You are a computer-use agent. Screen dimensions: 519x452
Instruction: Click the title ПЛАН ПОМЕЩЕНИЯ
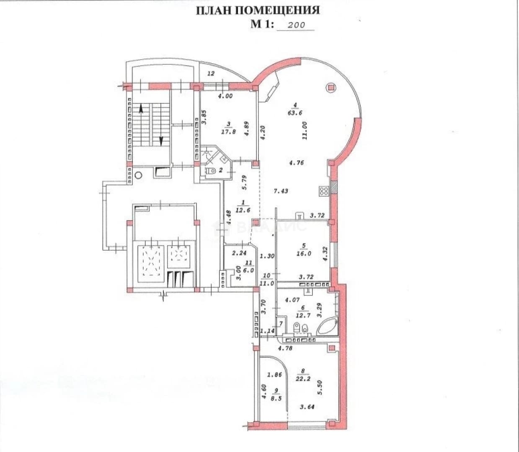[x=258, y=10]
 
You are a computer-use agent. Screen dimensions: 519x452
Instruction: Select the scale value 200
[x=296, y=25]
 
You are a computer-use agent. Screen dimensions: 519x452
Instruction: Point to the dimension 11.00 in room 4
[x=305, y=131]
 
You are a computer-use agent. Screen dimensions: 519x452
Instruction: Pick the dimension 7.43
[x=281, y=191]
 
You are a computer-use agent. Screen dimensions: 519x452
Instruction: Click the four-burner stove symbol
[x=324, y=191]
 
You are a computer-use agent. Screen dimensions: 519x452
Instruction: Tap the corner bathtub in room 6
[x=327, y=327]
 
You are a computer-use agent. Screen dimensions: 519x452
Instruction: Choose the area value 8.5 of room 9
[x=276, y=398]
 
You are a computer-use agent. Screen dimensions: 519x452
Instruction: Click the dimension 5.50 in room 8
[x=320, y=387]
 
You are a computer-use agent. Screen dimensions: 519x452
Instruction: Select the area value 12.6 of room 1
[x=243, y=210]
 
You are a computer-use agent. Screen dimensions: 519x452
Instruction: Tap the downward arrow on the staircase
[x=161, y=141]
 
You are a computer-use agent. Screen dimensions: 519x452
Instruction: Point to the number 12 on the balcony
[x=211, y=74]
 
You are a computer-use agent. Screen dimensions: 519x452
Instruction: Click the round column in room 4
[x=331, y=88]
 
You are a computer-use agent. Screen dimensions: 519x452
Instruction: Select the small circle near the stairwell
[x=138, y=175]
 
